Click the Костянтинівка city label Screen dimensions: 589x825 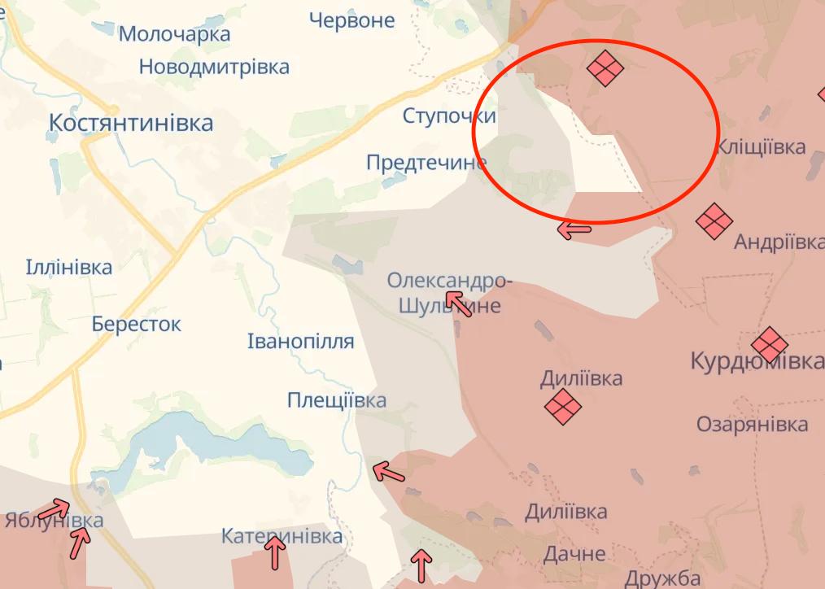coord(131,123)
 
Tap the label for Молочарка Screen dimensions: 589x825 coord(174,34)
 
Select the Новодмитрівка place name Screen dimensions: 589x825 coord(214,67)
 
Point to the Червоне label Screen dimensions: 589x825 coord(351,20)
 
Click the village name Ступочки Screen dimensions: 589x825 coord(449,116)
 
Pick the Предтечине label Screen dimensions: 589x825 coord(426,163)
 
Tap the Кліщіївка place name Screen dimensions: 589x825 coord(762,147)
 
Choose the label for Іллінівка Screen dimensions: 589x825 coord(69,267)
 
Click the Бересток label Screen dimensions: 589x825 coord(137,324)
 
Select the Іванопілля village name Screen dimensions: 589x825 coord(300,342)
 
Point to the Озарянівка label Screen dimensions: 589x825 coord(753,424)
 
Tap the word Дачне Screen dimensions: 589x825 coord(574,554)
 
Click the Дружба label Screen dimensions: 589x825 coord(663,578)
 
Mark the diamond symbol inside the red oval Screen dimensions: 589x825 coord(605,68)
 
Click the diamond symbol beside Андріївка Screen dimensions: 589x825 coord(714,220)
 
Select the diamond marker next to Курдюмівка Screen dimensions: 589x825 coord(769,345)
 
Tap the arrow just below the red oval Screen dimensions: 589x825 coord(574,230)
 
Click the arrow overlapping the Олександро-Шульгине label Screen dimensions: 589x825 coord(459,305)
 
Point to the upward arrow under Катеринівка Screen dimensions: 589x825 coord(276,554)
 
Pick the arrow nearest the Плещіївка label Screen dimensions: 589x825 coord(388,471)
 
